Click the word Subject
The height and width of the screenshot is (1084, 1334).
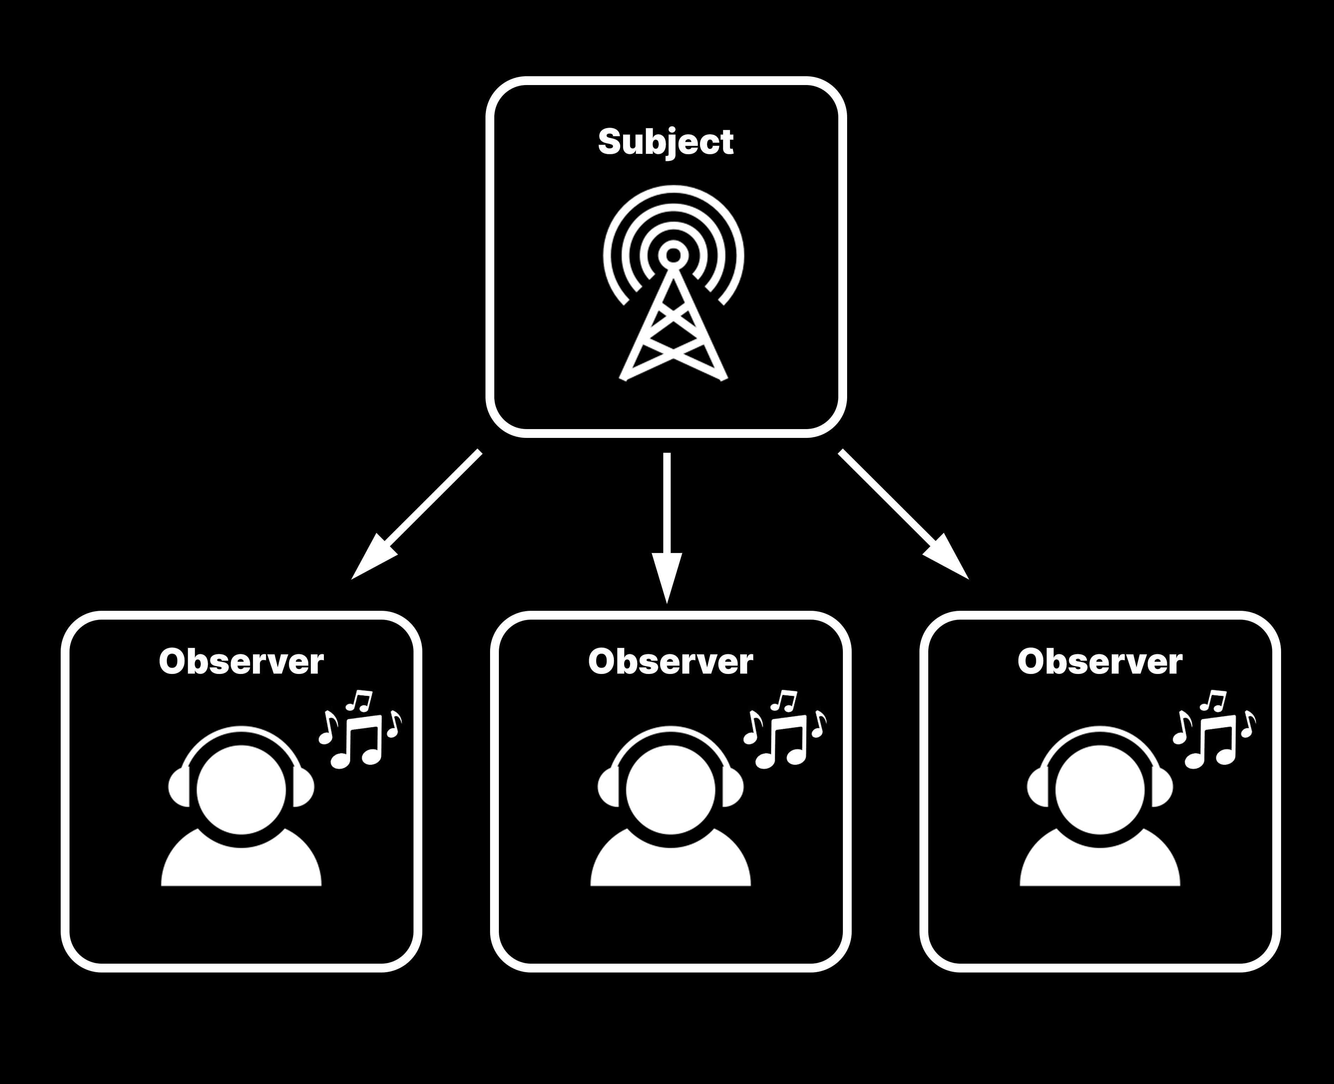[x=665, y=142]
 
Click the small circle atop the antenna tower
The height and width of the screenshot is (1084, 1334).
[x=673, y=255]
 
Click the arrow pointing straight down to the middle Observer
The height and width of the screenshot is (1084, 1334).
[x=667, y=524]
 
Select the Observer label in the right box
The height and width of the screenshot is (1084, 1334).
[x=1100, y=662]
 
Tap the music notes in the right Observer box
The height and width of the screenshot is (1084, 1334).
[x=1214, y=730]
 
